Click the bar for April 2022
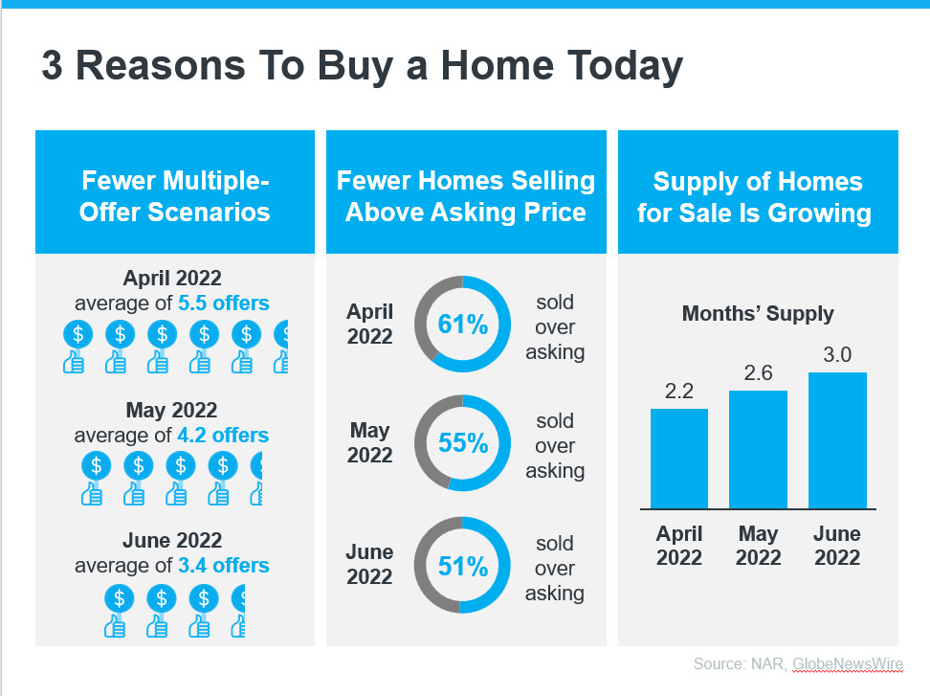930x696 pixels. point(679,459)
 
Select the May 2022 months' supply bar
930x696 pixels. point(758,450)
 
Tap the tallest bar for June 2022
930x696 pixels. point(837,440)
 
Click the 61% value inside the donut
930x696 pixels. point(463,324)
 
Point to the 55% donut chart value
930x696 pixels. point(463,442)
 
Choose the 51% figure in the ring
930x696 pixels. point(463,566)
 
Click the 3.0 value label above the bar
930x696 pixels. point(837,355)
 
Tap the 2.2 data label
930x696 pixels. point(679,391)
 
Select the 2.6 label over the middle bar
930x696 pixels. point(758,372)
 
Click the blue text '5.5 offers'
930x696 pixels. point(224,303)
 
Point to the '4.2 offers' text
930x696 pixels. point(223,436)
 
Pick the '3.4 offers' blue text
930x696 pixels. point(224,566)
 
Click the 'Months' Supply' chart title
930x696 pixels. point(758,313)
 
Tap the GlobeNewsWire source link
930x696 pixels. point(848,664)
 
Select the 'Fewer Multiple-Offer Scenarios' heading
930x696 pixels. point(174,196)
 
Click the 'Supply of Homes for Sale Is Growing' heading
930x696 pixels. point(755,197)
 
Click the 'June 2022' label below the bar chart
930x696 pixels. point(837,546)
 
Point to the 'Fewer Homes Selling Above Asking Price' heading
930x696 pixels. point(466,196)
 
